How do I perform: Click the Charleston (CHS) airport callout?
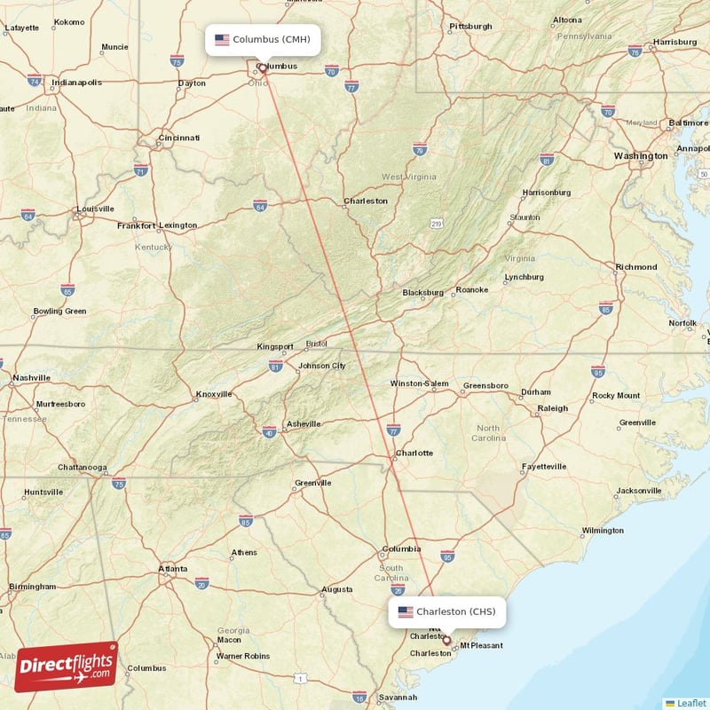point(447,611)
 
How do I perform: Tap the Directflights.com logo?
point(67,666)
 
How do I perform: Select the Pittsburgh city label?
point(469,27)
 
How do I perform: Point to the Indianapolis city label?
point(76,83)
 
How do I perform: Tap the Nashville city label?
point(31,378)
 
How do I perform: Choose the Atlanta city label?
point(172,569)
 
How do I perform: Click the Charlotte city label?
point(414,453)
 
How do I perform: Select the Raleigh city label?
point(552,408)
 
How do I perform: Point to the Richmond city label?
point(635,267)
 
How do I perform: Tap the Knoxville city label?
point(213,394)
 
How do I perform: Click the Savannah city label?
point(397,698)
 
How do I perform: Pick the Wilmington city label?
point(602,531)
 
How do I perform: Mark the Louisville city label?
point(95,209)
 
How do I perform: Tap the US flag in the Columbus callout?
point(222,40)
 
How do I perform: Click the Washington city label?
point(641,156)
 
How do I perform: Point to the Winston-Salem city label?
point(420,384)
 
